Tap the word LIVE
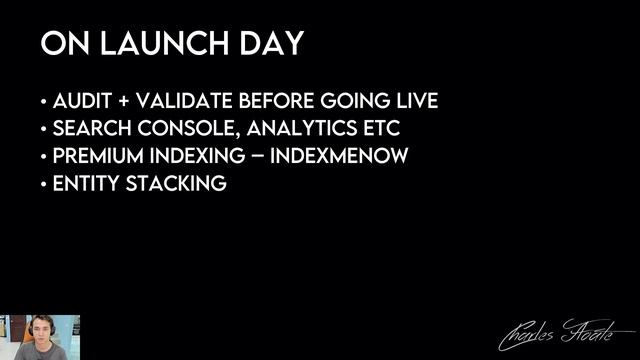(413, 102)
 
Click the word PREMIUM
(93, 157)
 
